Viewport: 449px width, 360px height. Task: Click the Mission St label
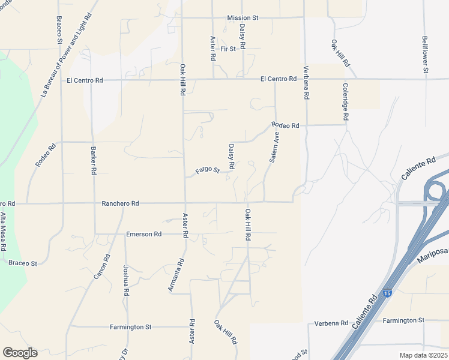[243, 18]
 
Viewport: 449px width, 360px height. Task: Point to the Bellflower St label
[424, 55]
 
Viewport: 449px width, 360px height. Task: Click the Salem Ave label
[274, 148]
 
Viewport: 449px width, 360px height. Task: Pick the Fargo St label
[208, 172]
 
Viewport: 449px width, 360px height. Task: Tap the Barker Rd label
[94, 160]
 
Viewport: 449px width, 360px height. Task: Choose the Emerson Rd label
[144, 234]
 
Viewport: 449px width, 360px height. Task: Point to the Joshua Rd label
[126, 281]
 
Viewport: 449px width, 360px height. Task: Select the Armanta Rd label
[175, 276]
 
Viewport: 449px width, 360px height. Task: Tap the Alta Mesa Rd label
[4, 231]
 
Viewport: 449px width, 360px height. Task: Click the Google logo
[20, 353]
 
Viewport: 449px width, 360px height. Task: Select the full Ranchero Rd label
[121, 204]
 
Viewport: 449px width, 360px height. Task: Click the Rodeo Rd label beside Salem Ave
[285, 125]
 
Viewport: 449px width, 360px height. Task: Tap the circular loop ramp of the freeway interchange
[436, 194]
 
